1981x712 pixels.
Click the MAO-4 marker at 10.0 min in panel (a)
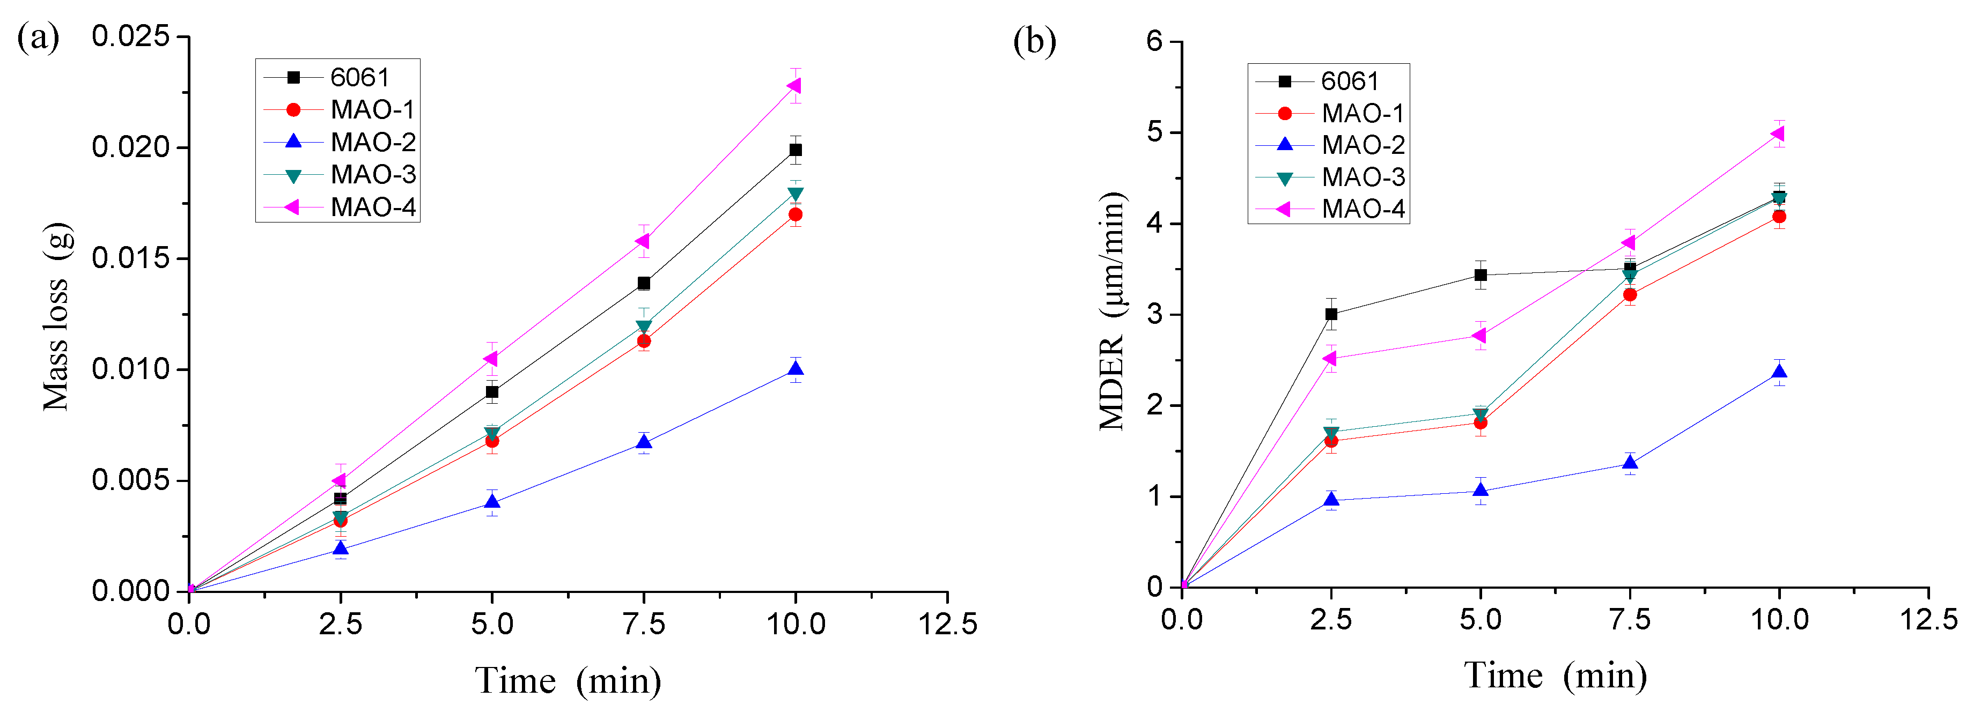794,85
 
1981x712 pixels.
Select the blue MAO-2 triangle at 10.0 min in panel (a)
795,369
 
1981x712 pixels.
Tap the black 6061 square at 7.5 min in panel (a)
644,283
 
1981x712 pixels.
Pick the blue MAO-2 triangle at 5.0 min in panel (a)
492,502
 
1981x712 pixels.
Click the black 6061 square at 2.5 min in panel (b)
1331,314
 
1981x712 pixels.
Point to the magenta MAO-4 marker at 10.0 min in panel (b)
1778,134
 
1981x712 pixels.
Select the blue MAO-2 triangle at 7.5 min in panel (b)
1630,463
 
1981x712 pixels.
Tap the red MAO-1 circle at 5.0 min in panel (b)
1481,422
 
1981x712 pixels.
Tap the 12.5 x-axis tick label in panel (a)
947,624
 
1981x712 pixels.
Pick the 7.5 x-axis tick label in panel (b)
1630,619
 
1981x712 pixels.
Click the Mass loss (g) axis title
56,317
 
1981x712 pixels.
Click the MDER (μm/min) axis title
1112,311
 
